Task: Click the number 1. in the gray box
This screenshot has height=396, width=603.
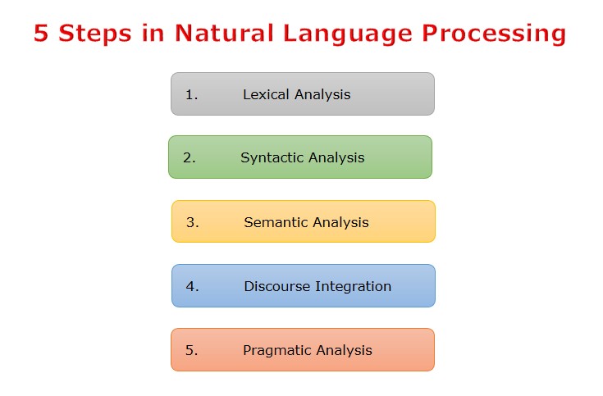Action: (x=192, y=94)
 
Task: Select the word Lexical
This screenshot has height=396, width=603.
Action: (x=266, y=94)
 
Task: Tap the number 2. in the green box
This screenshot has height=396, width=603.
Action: (x=190, y=157)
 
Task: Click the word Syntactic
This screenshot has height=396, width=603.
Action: (x=271, y=157)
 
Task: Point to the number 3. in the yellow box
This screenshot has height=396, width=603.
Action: (x=193, y=222)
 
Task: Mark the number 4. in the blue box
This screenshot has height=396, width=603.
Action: (x=193, y=286)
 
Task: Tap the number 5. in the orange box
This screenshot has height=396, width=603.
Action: (x=192, y=350)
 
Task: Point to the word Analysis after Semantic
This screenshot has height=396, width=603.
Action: (x=339, y=222)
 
